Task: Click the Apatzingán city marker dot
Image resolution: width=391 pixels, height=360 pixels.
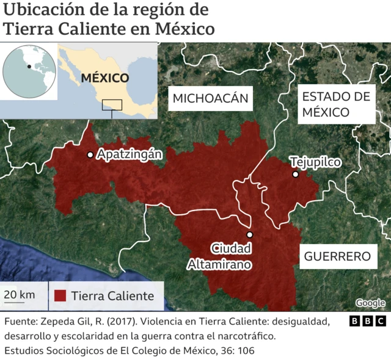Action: tap(90, 155)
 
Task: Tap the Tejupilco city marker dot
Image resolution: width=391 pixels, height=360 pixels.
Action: tap(296, 175)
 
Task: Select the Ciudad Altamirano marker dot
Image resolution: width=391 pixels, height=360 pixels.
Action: tap(249, 234)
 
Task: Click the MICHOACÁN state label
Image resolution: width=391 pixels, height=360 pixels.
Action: tap(211, 98)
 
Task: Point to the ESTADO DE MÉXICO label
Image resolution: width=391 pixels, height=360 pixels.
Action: tap(336, 104)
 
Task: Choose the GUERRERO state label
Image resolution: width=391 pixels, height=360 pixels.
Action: tap(337, 256)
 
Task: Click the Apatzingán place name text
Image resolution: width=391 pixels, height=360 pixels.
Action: tap(129, 154)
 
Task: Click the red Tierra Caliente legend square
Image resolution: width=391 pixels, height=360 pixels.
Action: tap(60, 296)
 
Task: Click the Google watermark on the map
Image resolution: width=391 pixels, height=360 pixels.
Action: tap(370, 303)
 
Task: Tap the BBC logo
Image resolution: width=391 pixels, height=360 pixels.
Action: tap(368, 321)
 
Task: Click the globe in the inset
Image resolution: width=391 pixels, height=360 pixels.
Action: tap(28, 71)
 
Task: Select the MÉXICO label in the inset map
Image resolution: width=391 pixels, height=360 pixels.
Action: tap(105, 78)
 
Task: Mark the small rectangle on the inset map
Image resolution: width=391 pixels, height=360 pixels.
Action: tap(112, 104)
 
